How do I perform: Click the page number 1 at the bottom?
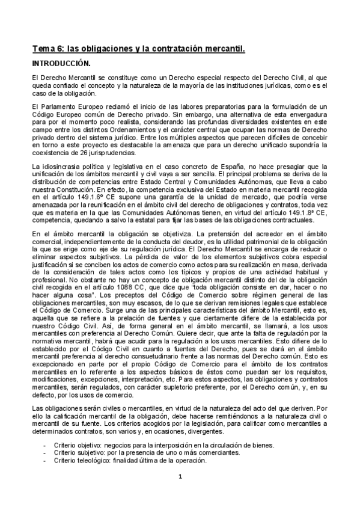(x=180, y=477)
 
